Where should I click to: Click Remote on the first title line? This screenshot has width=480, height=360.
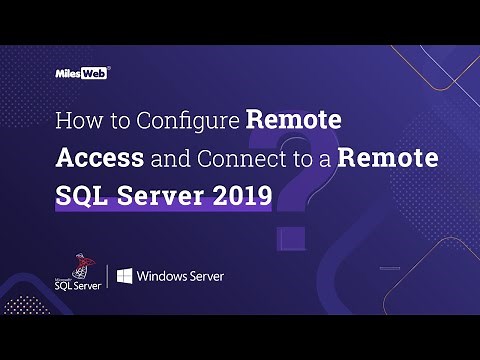click(294, 122)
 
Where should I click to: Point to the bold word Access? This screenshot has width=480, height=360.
click(99, 158)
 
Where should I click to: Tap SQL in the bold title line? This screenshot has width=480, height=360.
click(79, 194)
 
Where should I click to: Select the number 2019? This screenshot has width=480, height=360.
click(241, 194)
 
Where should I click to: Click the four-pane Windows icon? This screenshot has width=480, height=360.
click(126, 275)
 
